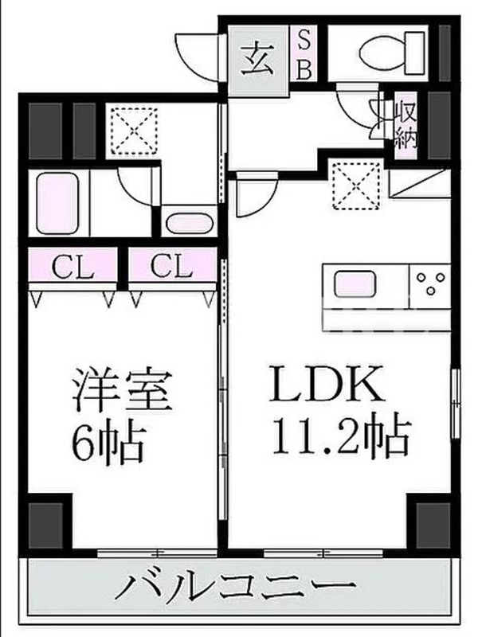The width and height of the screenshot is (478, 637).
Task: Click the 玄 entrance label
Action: [257, 61]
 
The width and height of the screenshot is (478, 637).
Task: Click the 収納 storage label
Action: [406, 125]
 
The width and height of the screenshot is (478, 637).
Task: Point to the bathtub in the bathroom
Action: [57, 203]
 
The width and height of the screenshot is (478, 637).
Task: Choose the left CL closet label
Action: [73, 268]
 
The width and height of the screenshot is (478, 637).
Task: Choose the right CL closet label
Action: [170, 267]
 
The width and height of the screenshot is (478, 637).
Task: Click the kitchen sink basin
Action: [355, 284]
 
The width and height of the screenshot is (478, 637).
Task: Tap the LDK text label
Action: [327, 384]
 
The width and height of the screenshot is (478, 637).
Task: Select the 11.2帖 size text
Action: [341, 435]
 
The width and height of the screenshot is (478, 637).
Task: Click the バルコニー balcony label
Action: [235, 587]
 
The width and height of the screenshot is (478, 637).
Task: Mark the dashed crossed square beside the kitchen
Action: [356, 186]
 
